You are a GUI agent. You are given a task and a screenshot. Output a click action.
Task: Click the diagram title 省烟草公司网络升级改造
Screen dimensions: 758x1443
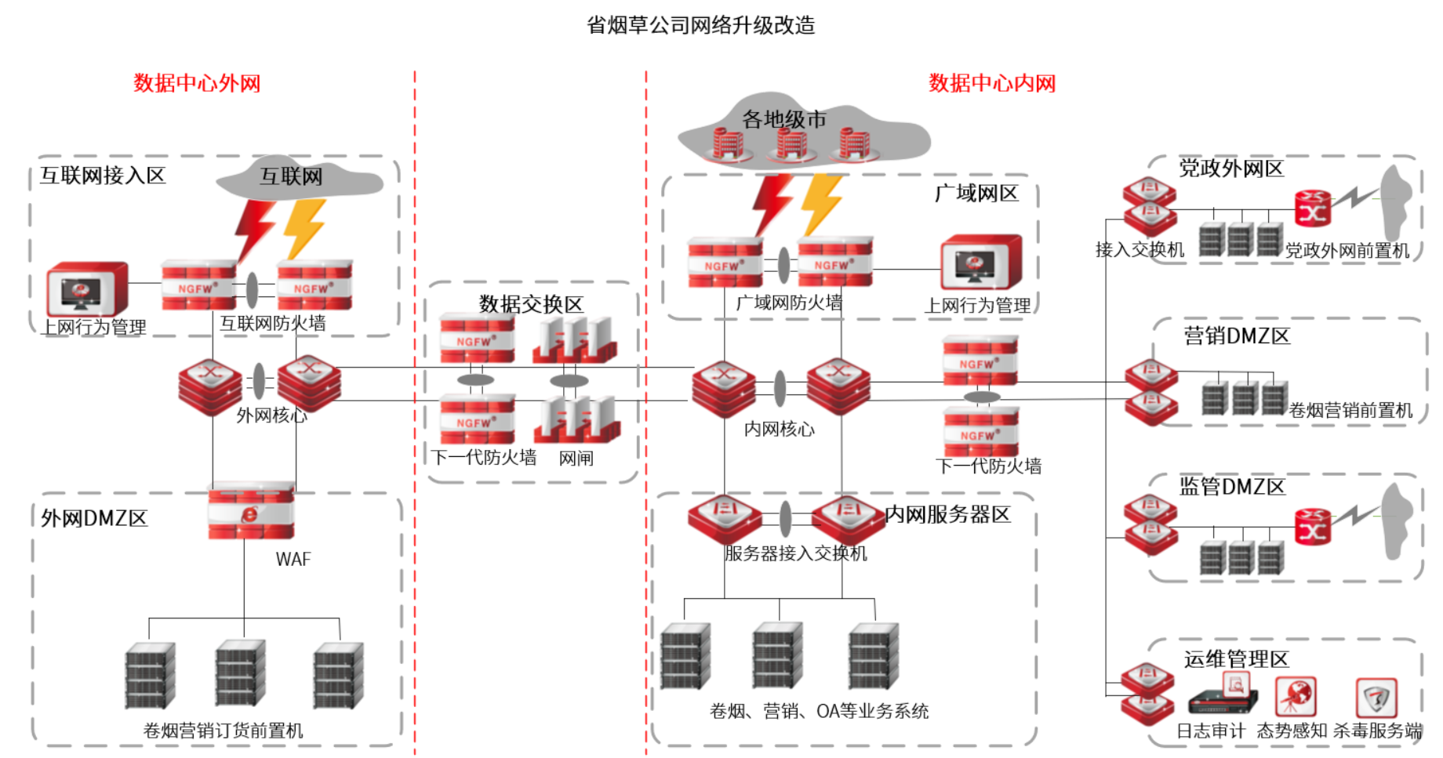[x=700, y=25]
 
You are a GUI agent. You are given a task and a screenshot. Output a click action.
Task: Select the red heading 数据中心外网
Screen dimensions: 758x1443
[x=197, y=83]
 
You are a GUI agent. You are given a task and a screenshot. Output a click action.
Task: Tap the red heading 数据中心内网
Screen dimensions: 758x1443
[x=992, y=83]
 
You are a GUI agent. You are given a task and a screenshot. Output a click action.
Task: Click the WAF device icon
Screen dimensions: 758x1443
[x=251, y=511]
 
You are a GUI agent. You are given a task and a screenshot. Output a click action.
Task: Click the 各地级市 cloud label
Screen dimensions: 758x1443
[x=784, y=119]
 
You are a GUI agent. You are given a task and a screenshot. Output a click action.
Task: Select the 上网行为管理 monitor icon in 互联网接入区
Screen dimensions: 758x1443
[x=86, y=288]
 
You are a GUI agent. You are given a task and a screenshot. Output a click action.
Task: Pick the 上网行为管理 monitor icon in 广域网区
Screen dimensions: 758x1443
[x=981, y=263]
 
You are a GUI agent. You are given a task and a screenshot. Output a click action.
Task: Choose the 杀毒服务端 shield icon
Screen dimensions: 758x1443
[x=1376, y=696]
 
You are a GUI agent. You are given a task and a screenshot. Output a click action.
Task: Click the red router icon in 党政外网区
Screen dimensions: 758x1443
[x=1313, y=209]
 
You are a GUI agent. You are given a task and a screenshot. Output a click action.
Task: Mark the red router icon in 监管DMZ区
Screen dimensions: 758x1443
[x=1313, y=527]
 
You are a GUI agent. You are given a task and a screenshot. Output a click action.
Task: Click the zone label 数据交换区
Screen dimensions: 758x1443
[x=531, y=304]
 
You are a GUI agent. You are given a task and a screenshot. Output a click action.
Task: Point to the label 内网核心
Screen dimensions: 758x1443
[x=779, y=429]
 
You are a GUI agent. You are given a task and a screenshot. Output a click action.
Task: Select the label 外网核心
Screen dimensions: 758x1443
[x=271, y=415]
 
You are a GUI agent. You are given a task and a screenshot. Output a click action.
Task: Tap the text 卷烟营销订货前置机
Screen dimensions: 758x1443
[x=223, y=731]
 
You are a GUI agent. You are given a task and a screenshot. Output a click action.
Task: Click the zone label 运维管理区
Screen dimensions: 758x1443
[x=1236, y=658]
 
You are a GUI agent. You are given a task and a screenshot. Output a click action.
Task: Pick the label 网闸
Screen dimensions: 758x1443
[x=576, y=459]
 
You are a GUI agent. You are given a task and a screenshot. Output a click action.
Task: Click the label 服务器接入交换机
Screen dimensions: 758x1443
[x=795, y=553]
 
